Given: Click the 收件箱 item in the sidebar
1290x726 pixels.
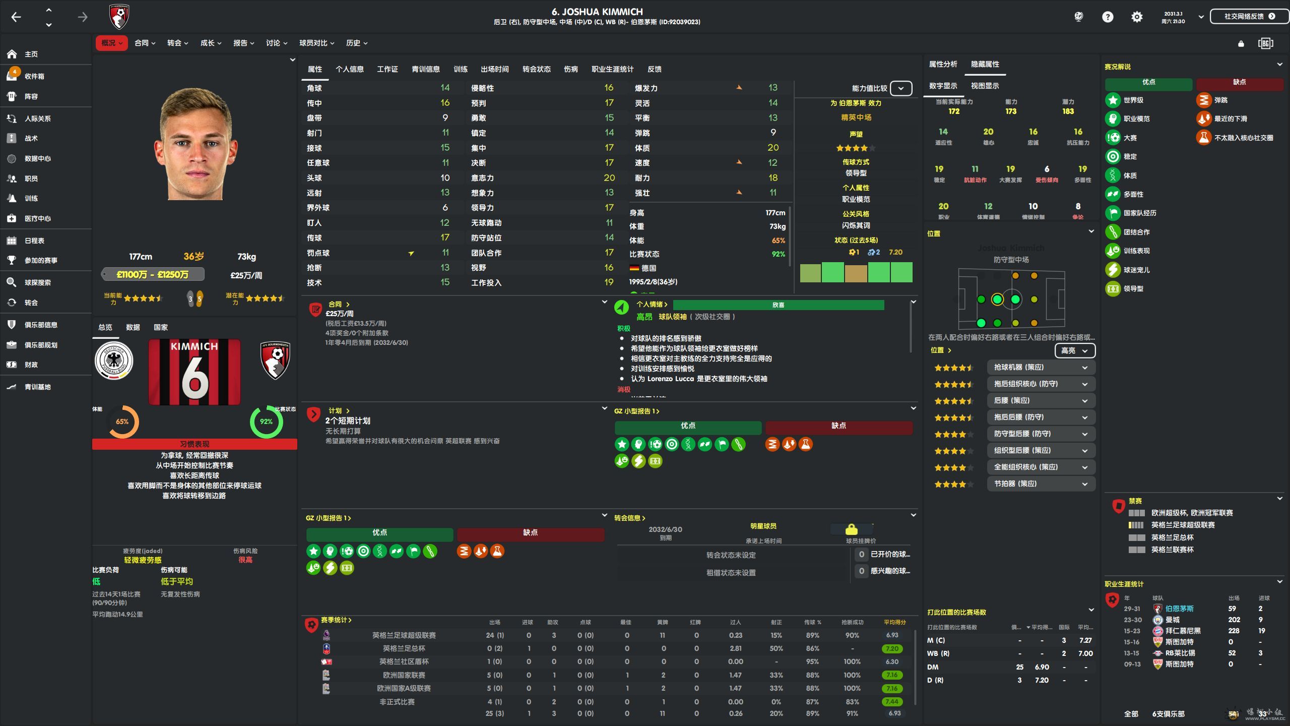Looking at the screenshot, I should pyautogui.click(x=34, y=76).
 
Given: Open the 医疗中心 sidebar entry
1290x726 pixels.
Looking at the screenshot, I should pyautogui.click(x=37, y=218).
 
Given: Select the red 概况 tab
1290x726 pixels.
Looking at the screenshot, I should pyautogui.click(x=111, y=43).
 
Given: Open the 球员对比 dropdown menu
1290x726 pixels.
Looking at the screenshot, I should pyautogui.click(x=316, y=43).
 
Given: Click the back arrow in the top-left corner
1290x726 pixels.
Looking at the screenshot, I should pyautogui.click(x=16, y=17).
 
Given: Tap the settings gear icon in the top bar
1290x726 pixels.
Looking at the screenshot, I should pyautogui.click(x=1136, y=17).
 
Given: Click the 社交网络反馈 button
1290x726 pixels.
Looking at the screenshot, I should pyautogui.click(x=1249, y=17).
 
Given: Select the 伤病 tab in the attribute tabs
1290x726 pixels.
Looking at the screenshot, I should pyautogui.click(x=570, y=69).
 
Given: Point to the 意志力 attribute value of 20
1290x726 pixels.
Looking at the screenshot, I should pyautogui.click(x=609, y=177).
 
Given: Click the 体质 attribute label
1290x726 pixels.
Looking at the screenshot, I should pyautogui.click(x=642, y=148).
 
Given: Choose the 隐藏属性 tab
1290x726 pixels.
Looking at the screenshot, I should pyautogui.click(x=985, y=64).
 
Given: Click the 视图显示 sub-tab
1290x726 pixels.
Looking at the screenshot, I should pyautogui.click(x=985, y=86).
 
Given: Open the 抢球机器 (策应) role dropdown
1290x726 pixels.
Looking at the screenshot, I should pyautogui.click(x=1041, y=368).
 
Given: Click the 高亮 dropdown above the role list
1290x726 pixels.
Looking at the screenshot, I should pyautogui.click(x=1074, y=350).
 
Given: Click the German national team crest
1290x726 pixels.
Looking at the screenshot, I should pyautogui.click(x=114, y=361).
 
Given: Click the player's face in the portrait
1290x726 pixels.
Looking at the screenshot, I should pyautogui.click(x=195, y=146).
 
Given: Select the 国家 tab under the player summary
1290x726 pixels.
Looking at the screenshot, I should pyautogui.click(x=160, y=327).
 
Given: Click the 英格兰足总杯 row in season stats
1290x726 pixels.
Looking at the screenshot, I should pyautogui.click(x=404, y=648).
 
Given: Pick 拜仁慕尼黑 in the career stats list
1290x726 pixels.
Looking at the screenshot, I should pyautogui.click(x=1183, y=631).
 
